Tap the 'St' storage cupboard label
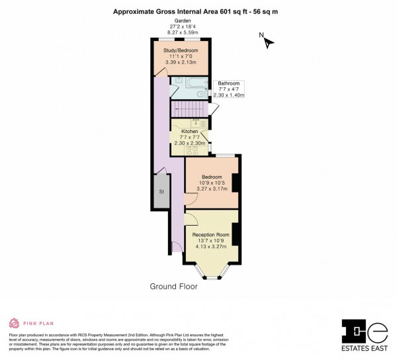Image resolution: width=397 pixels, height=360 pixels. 161,192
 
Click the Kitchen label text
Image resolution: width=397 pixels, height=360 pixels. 191,132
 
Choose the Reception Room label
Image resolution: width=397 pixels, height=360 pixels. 211,235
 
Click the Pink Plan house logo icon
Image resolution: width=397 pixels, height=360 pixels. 13,324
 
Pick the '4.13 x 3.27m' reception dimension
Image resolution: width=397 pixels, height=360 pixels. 211,247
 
